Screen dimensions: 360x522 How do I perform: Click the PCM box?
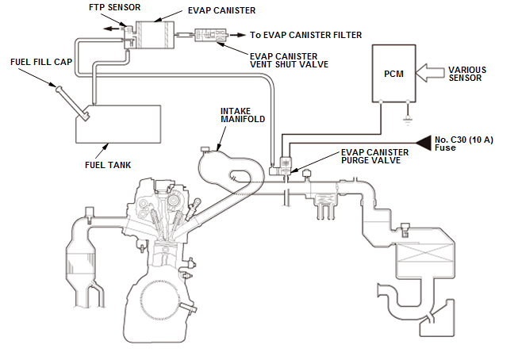pyautogui.click(x=395, y=74)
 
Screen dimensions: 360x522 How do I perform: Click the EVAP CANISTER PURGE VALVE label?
pyautogui.click(x=374, y=156)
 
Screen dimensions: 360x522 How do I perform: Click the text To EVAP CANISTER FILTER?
pyautogui.click(x=306, y=35)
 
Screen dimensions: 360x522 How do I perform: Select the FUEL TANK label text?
pyautogui.click(x=108, y=165)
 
